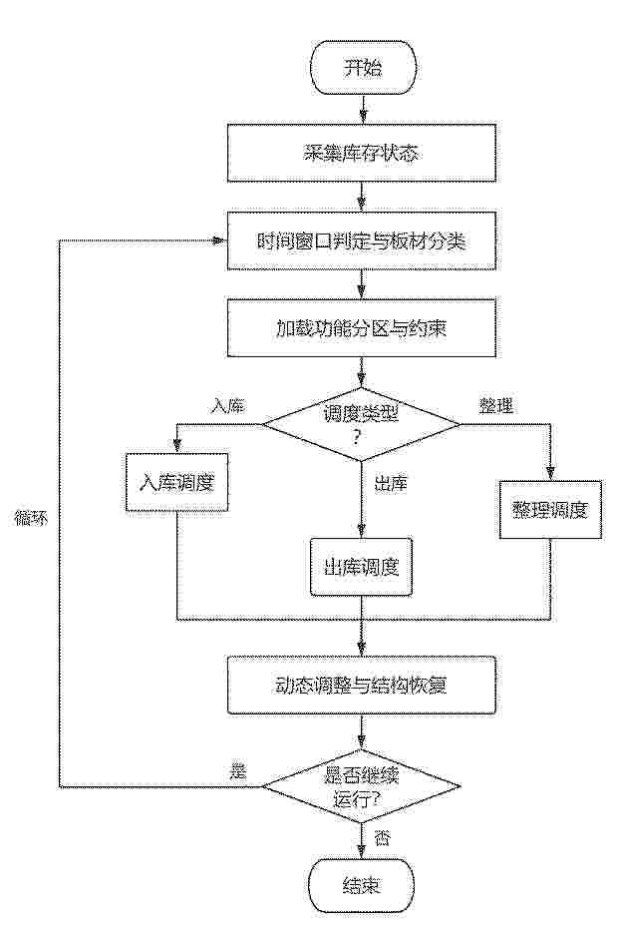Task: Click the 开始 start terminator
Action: coord(362,68)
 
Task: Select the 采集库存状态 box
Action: coord(362,153)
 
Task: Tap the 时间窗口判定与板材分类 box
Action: coord(362,240)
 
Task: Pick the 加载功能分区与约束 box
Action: coord(362,328)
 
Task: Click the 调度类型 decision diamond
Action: coord(362,424)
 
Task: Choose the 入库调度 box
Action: coord(176,482)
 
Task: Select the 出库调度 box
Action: coord(362,567)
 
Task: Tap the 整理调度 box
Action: coord(549,510)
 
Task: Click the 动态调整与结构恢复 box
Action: coord(362,685)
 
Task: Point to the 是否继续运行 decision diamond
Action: coord(362,786)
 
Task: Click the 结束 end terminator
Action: coord(362,885)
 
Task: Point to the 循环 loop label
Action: coord(30,519)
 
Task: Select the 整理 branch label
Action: coord(496,406)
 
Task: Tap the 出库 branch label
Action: coord(392,484)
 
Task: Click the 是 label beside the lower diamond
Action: coord(238,771)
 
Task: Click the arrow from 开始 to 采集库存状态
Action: coord(362,109)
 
